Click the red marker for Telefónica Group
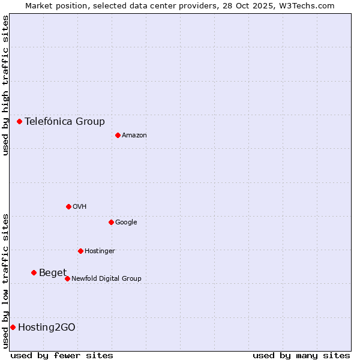[x=19, y=121]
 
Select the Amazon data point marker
[x=118, y=135]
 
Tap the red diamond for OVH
[x=68, y=206]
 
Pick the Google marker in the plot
[x=111, y=222]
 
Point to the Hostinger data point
[x=80, y=251]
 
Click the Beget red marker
[x=34, y=273]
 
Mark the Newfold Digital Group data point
[x=67, y=278]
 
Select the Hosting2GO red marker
[x=13, y=327]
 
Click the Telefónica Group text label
[x=65, y=121]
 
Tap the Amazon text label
[x=134, y=135]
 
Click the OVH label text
[x=80, y=206]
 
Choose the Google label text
[x=126, y=222]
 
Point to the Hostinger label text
[x=100, y=251]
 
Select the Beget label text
[x=53, y=273]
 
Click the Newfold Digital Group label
[x=106, y=278]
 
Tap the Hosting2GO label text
[x=47, y=327]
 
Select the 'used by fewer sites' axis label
[x=62, y=355]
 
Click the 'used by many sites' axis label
[x=301, y=355]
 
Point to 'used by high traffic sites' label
[x=5, y=85]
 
